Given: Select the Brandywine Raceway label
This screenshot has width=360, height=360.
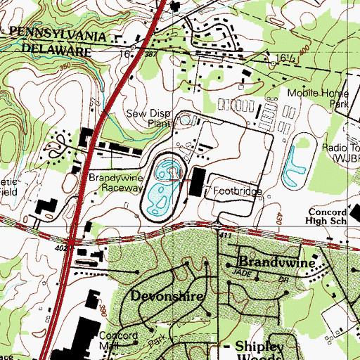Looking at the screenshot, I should [x=117, y=184].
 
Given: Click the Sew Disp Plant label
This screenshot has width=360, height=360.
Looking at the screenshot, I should [x=148, y=117].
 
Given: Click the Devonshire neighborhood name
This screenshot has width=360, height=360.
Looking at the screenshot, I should [x=168, y=296].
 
